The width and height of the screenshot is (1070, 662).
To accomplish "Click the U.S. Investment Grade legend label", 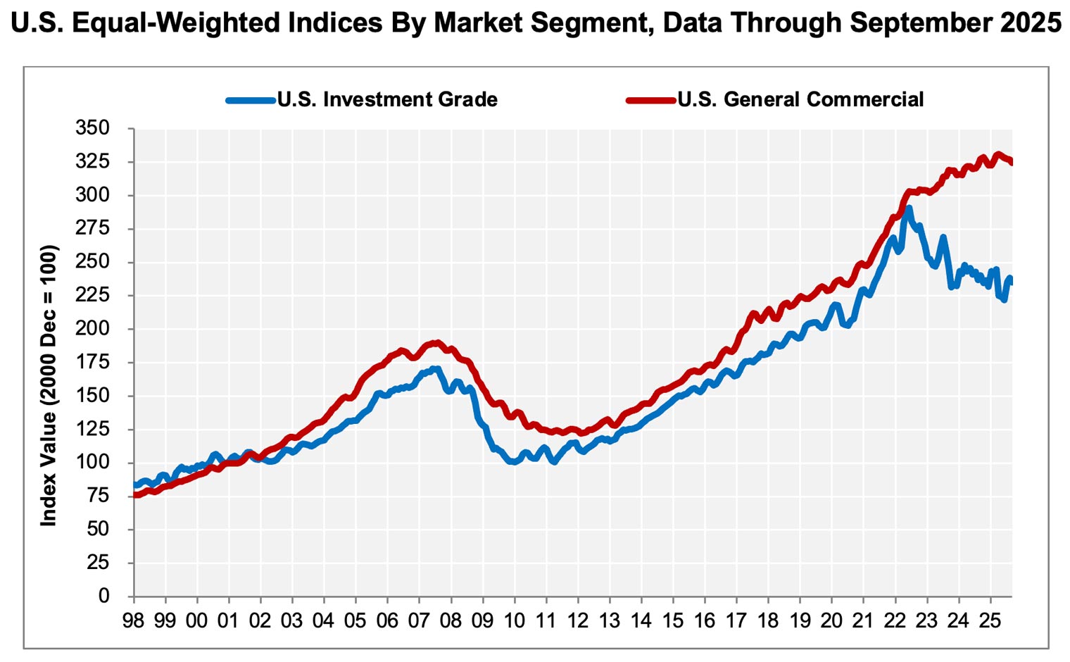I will pos(387,99).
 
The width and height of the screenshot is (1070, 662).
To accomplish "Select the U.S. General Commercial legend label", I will pos(800,99).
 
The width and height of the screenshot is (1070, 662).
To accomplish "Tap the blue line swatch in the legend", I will pos(251,100).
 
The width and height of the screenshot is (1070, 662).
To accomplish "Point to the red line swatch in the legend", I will pos(650,100).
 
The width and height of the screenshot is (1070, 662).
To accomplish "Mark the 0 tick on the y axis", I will pos(104,596).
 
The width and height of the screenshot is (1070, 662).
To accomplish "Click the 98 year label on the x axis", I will pos(133,621).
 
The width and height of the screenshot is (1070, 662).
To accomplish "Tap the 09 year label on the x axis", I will pos(482,621).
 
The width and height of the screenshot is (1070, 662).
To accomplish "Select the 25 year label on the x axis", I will pos(990,621).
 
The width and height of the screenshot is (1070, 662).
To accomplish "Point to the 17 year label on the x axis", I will pos(736,621).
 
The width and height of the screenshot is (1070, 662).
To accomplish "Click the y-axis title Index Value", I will pos(48,385).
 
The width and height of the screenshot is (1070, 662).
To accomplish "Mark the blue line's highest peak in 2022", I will pos(909,208).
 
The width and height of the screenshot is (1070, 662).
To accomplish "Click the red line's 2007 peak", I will pos(436,343).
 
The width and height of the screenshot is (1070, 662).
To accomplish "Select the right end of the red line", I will pos(1012,163).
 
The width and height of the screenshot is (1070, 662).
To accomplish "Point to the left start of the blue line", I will pos(134,485).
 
